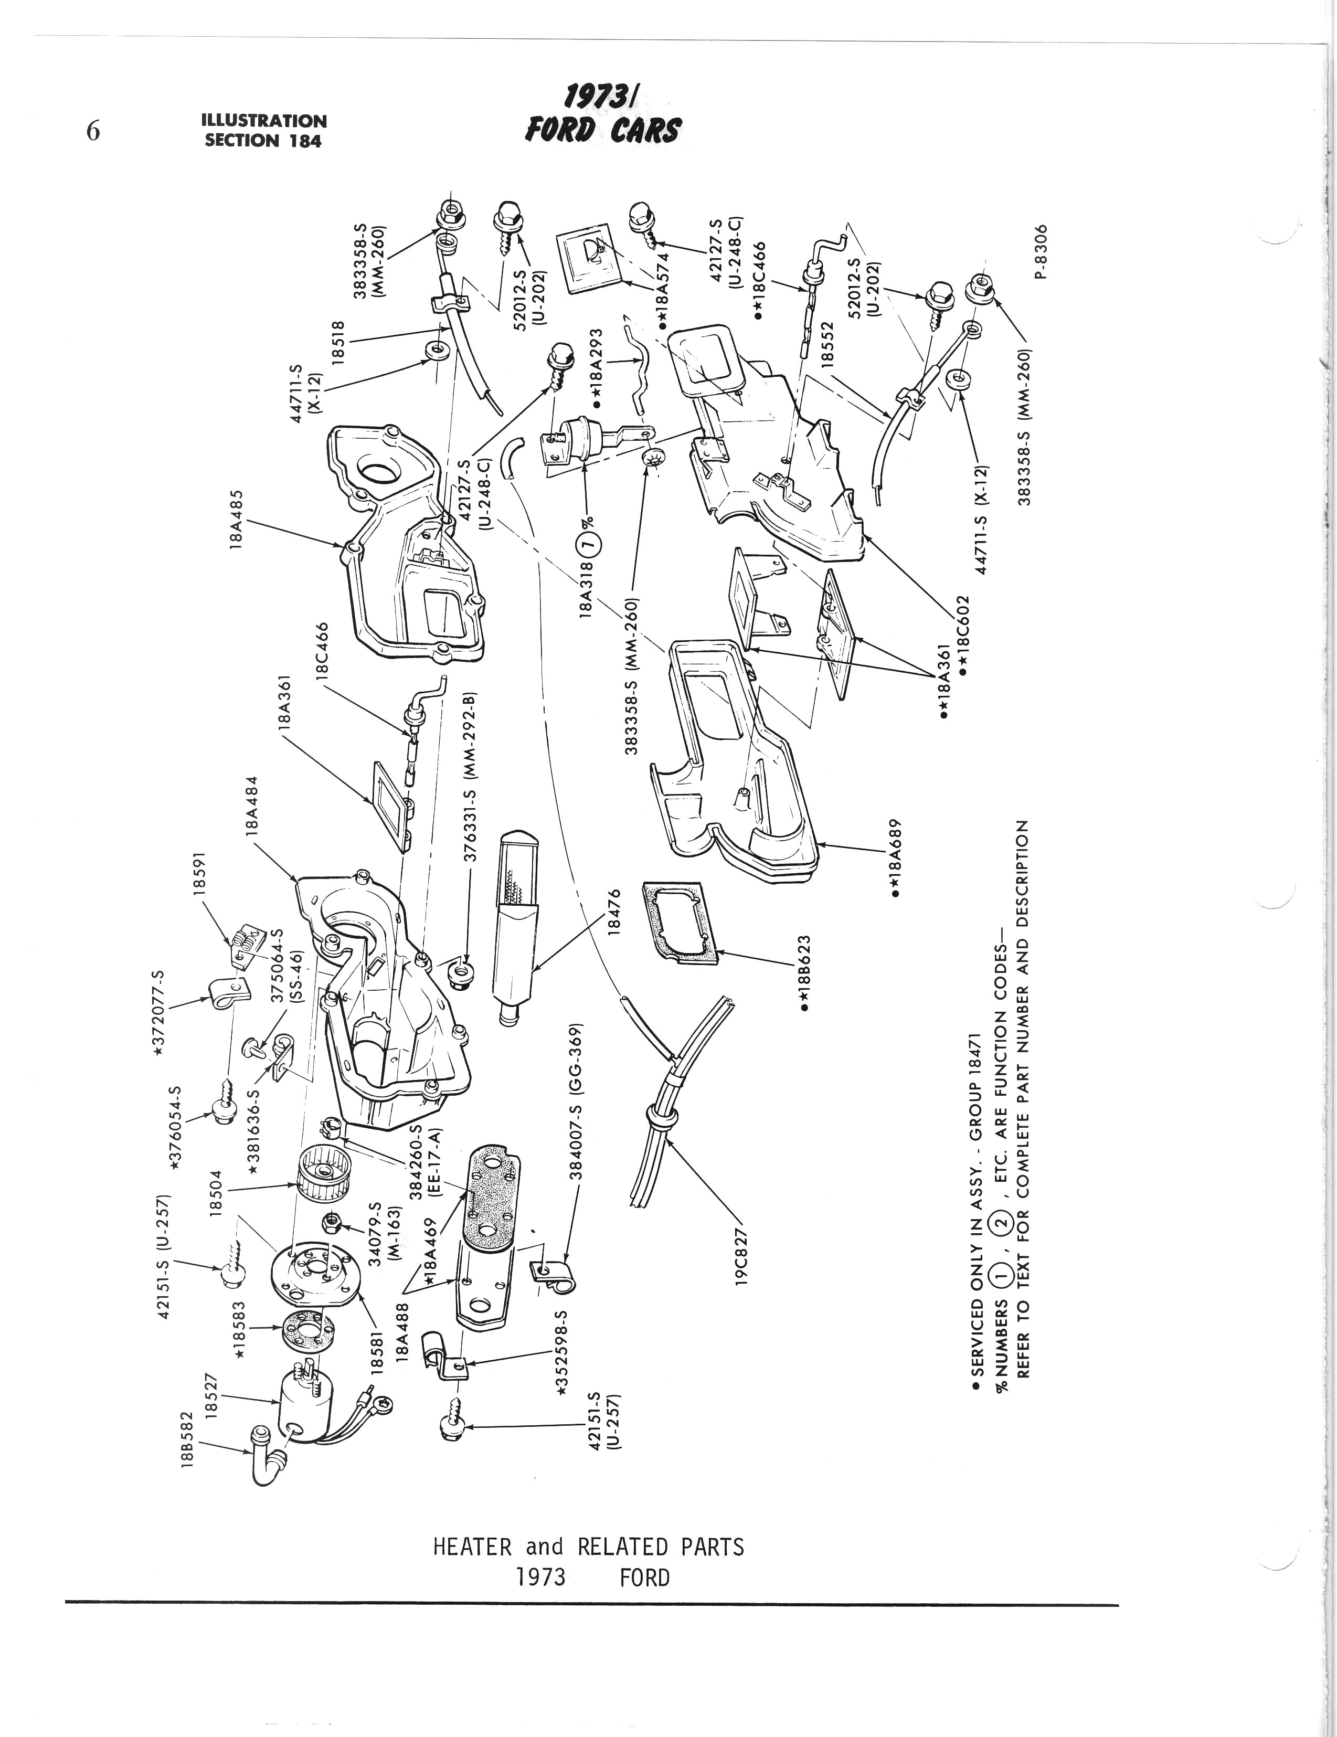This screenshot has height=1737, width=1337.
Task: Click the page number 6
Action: point(93,131)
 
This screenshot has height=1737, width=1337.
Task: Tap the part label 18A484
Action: point(253,805)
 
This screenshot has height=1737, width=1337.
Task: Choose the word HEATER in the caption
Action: point(472,1547)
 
